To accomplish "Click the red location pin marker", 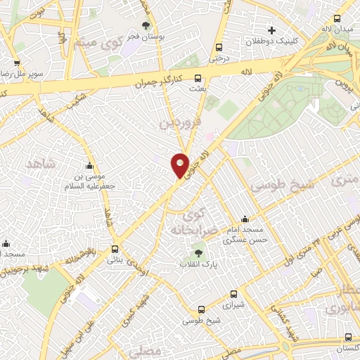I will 180,165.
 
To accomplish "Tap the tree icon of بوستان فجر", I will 146,25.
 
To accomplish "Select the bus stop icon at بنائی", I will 115,248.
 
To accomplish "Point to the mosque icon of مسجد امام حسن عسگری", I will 244,219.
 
